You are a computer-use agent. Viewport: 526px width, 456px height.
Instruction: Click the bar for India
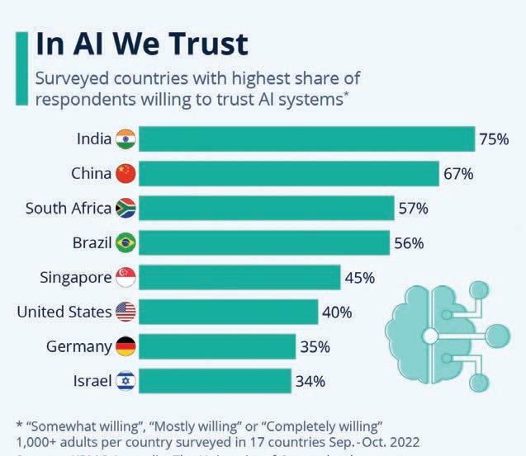306,139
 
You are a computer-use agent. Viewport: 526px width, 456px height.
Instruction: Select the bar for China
288,173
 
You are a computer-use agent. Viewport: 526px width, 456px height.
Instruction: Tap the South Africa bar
265,208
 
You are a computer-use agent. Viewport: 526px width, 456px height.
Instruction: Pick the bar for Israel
214,380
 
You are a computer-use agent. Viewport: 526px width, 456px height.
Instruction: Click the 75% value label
493,139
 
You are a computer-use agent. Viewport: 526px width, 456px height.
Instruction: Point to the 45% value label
359,277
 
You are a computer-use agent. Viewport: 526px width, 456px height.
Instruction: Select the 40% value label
337,312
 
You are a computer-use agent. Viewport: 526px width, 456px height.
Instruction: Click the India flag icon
126,139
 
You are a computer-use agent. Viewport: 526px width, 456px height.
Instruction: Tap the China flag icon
126,173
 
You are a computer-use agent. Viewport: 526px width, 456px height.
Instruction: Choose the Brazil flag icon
126,242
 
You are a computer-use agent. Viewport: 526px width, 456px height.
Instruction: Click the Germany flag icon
126,346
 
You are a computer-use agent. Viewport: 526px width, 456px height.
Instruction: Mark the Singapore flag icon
126,277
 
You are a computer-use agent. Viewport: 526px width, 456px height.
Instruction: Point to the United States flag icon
126,312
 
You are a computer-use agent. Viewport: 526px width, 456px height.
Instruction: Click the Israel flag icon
126,381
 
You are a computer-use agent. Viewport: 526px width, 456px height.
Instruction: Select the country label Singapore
75,277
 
